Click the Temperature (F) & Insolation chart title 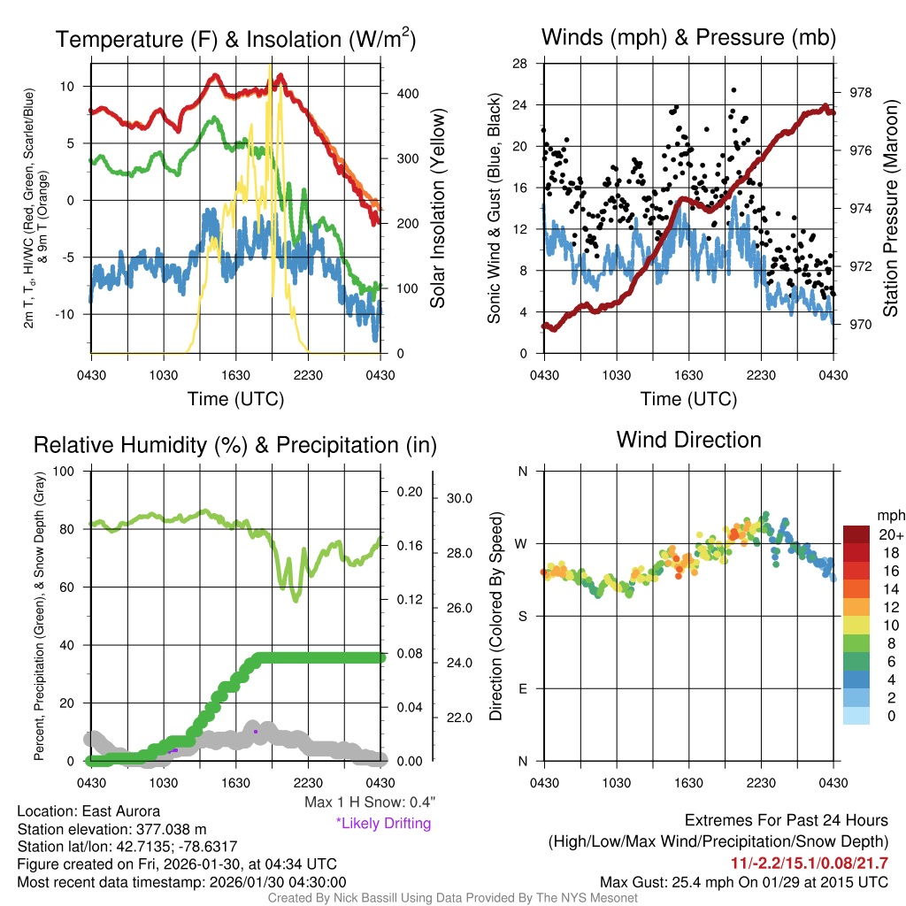[x=235, y=39]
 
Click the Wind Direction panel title [x=688, y=440]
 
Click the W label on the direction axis [x=522, y=543]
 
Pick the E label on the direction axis [x=522, y=688]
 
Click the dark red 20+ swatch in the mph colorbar [x=856, y=534]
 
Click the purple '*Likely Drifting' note [x=383, y=823]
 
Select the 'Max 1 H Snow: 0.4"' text [x=369, y=802]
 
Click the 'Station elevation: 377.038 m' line [x=111, y=829]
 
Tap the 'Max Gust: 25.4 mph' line [x=743, y=881]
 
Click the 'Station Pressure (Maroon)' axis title [x=891, y=207]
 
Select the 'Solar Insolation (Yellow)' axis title [x=437, y=208]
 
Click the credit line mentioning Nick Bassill [x=453, y=897]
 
